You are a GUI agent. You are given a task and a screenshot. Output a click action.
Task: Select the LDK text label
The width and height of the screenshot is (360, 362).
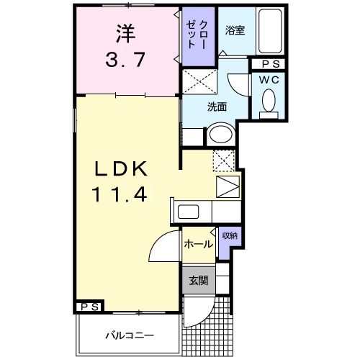120,169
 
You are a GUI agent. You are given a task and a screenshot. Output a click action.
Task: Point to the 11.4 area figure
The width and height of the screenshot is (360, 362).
120,194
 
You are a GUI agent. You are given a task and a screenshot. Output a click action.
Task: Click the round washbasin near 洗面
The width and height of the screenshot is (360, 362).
219,135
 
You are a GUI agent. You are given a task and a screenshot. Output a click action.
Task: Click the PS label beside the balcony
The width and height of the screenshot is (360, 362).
90,307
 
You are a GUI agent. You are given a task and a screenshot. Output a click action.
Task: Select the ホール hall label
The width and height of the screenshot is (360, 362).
198,244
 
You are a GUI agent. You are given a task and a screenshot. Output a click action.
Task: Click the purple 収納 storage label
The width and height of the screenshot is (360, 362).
228,236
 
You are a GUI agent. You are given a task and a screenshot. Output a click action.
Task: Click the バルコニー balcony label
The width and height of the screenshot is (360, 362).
130,335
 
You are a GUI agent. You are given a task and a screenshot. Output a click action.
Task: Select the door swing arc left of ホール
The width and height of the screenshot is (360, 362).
162,248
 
